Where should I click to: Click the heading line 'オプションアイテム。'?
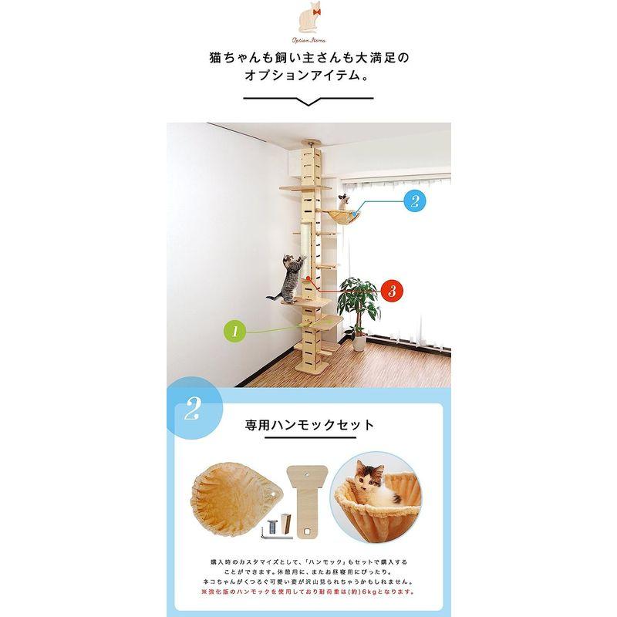tap(308, 78)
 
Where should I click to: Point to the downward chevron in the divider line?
tap(308, 102)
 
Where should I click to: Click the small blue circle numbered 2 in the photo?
tap(413, 202)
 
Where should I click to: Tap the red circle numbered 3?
tap(391, 291)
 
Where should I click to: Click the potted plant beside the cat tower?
tap(359, 305)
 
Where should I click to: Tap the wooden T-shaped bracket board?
tap(310, 488)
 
